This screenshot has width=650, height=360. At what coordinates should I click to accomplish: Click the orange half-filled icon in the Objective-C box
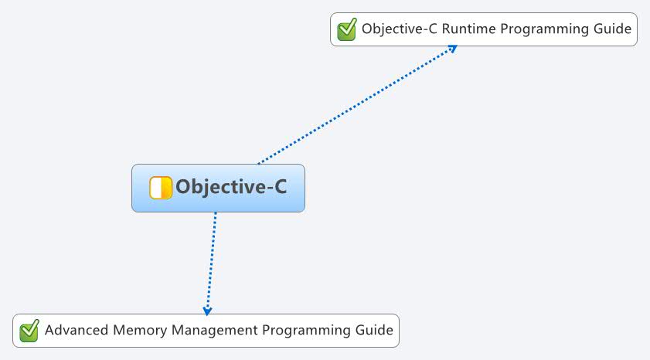coord(161,188)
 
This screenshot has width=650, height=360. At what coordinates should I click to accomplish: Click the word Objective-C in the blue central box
coord(231,187)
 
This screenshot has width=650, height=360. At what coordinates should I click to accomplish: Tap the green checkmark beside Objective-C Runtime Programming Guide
coord(347,29)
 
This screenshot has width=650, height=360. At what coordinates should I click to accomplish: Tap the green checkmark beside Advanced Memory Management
coord(29,331)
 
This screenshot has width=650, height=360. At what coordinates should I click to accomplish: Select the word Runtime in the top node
coord(469,29)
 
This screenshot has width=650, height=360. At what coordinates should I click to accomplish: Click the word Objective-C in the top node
coord(400,29)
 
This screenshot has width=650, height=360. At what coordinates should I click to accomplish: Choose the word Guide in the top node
coord(612,29)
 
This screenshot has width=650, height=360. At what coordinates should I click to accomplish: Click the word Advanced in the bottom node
coord(77,330)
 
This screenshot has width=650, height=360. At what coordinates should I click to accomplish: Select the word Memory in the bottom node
coord(140,331)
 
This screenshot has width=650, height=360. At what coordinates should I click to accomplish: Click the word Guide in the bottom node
coord(374,330)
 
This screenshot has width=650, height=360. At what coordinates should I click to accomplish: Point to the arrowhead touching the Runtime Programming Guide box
coord(452,49)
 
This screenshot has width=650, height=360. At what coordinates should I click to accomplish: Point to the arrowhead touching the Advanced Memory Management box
coord(207,311)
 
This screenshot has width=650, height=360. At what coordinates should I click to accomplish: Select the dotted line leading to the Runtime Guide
coord(357,104)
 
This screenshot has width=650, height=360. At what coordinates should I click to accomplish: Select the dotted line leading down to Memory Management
coord(211,263)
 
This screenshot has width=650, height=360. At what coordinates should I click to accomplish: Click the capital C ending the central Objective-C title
coord(277,186)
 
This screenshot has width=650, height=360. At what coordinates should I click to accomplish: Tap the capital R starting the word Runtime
coord(447,29)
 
